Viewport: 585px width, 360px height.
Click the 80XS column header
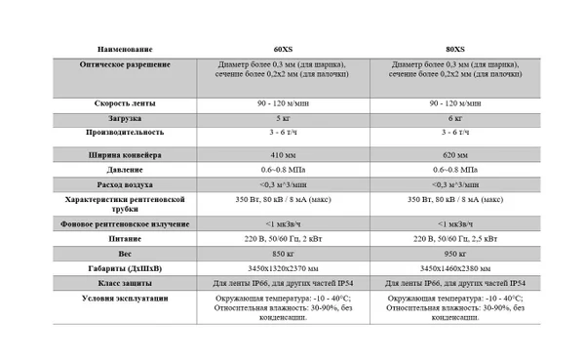click(454, 49)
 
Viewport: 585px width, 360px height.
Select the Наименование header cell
click(126, 49)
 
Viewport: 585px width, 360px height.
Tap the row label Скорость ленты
click(126, 102)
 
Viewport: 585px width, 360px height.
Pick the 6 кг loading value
click(455, 118)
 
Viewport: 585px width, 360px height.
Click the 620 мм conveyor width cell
click(455, 154)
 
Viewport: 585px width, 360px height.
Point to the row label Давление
click(126, 169)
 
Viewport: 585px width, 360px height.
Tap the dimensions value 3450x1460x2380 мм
click(455, 267)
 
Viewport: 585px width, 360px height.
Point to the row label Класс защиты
click(126, 283)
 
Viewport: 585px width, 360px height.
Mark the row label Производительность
click(126, 132)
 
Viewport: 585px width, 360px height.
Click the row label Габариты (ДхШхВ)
click(126, 267)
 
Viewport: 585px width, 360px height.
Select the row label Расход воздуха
click(126, 183)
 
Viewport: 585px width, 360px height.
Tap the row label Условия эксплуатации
click(126, 298)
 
